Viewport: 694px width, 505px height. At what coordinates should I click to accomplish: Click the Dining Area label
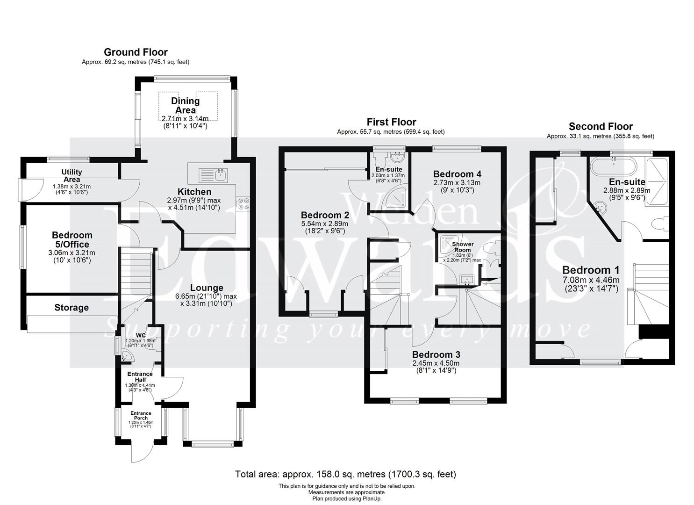pyautogui.click(x=185, y=105)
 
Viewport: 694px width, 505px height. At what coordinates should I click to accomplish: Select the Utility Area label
pyautogui.click(x=72, y=176)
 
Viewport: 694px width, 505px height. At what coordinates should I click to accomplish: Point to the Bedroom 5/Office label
pyautogui.click(x=72, y=239)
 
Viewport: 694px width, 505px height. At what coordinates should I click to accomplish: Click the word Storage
pyautogui.click(x=72, y=308)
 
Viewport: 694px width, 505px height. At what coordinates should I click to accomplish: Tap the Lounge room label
pyautogui.click(x=206, y=288)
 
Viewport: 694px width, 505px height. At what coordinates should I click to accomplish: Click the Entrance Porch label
pyautogui.click(x=141, y=415)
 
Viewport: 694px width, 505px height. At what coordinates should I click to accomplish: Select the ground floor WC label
pyautogui.click(x=141, y=335)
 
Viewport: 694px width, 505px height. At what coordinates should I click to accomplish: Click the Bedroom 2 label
pyautogui.click(x=325, y=215)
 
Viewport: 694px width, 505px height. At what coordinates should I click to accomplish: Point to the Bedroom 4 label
pyautogui.click(x=457, y=173)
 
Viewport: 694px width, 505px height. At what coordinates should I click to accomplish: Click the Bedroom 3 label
pyautogui.click(x=436, y=354)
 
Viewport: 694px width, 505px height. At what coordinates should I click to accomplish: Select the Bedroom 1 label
pyautogui.click(x=591, y=270)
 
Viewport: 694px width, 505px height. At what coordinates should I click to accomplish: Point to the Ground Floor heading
pyautogui.click(x=136, y=52)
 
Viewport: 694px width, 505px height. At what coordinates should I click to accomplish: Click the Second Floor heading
pyautogui.click(x=601, y=126)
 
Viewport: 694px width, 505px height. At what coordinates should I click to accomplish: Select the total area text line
pyautogui.click(x=345, y=474)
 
